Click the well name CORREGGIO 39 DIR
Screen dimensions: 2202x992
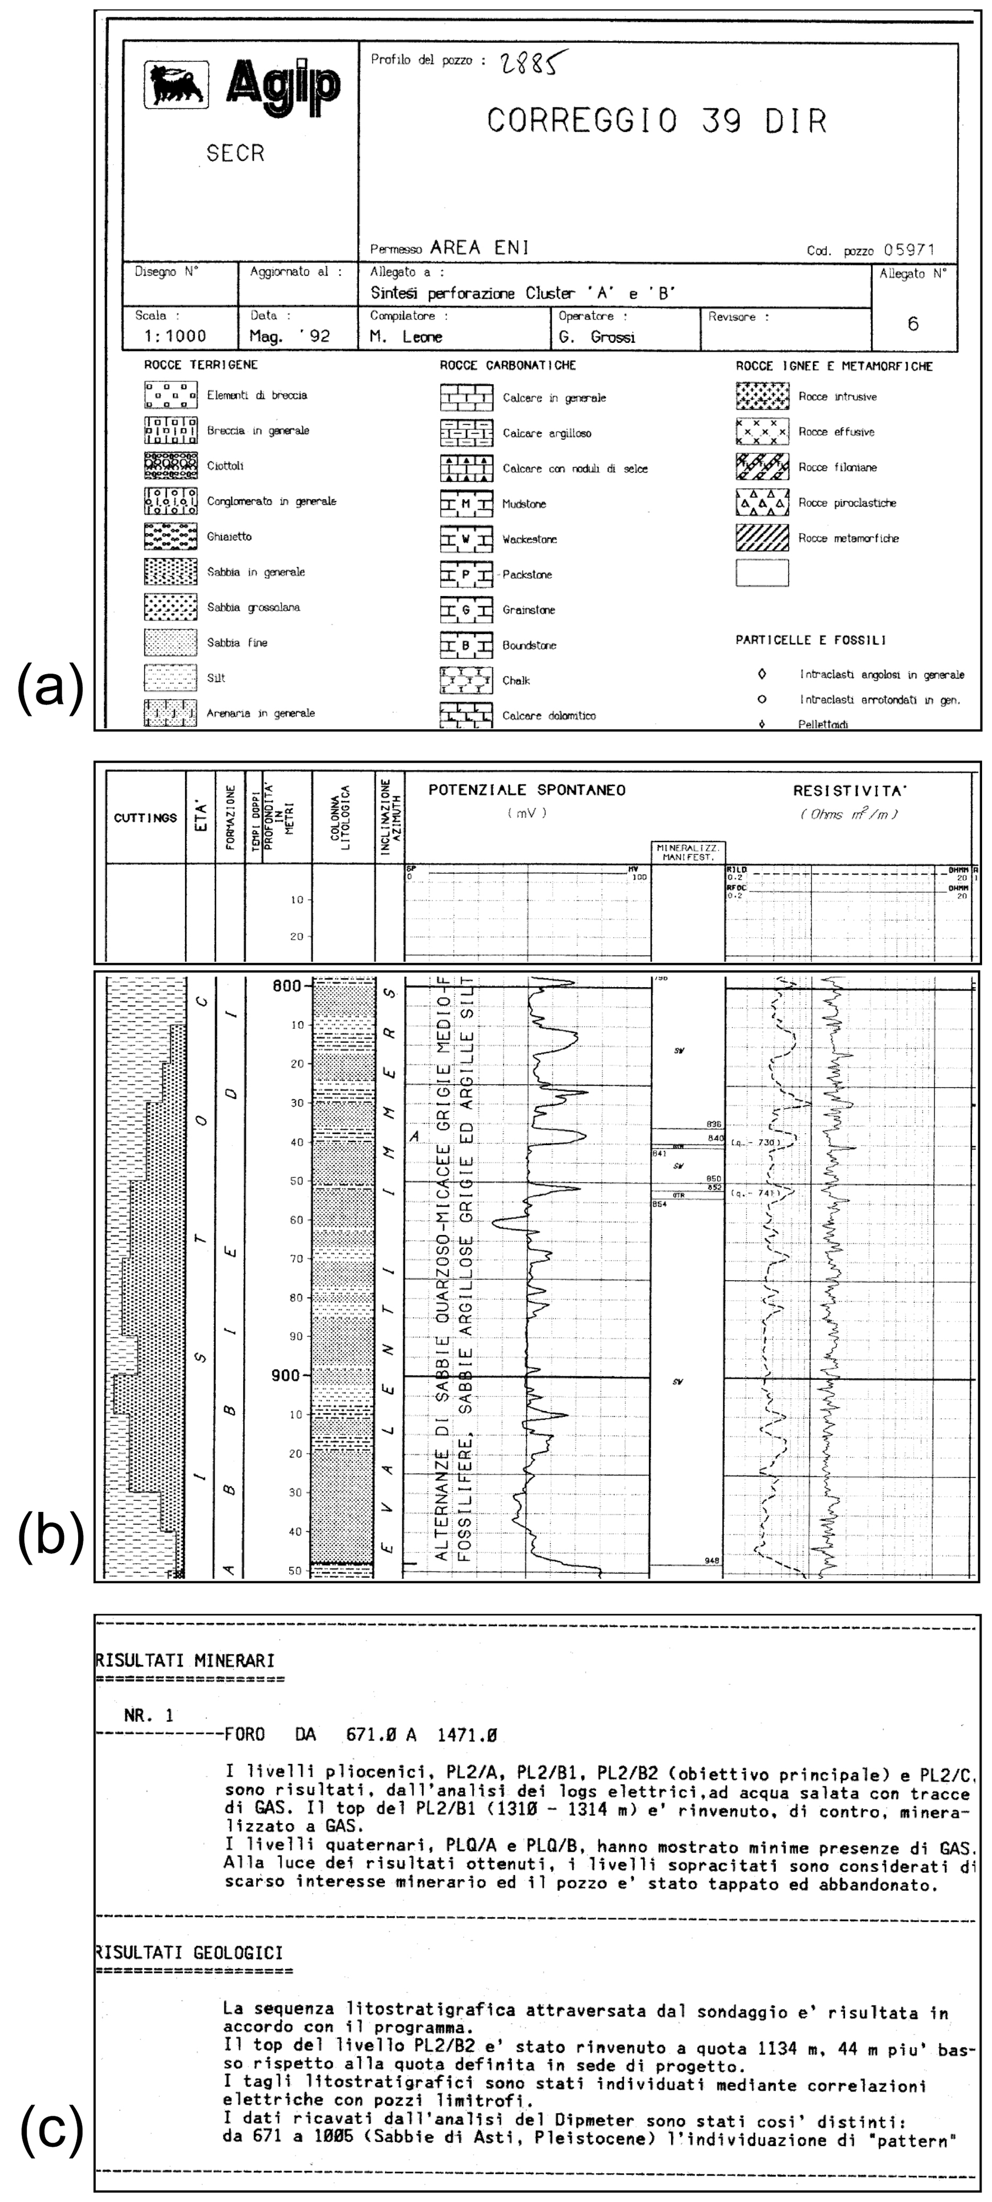(657, 122)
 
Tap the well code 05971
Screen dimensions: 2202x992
(909, 251)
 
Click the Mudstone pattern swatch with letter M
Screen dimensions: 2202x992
(466, 504)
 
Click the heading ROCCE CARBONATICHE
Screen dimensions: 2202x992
(508, 366)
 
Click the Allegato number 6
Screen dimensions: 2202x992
(913, 324)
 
